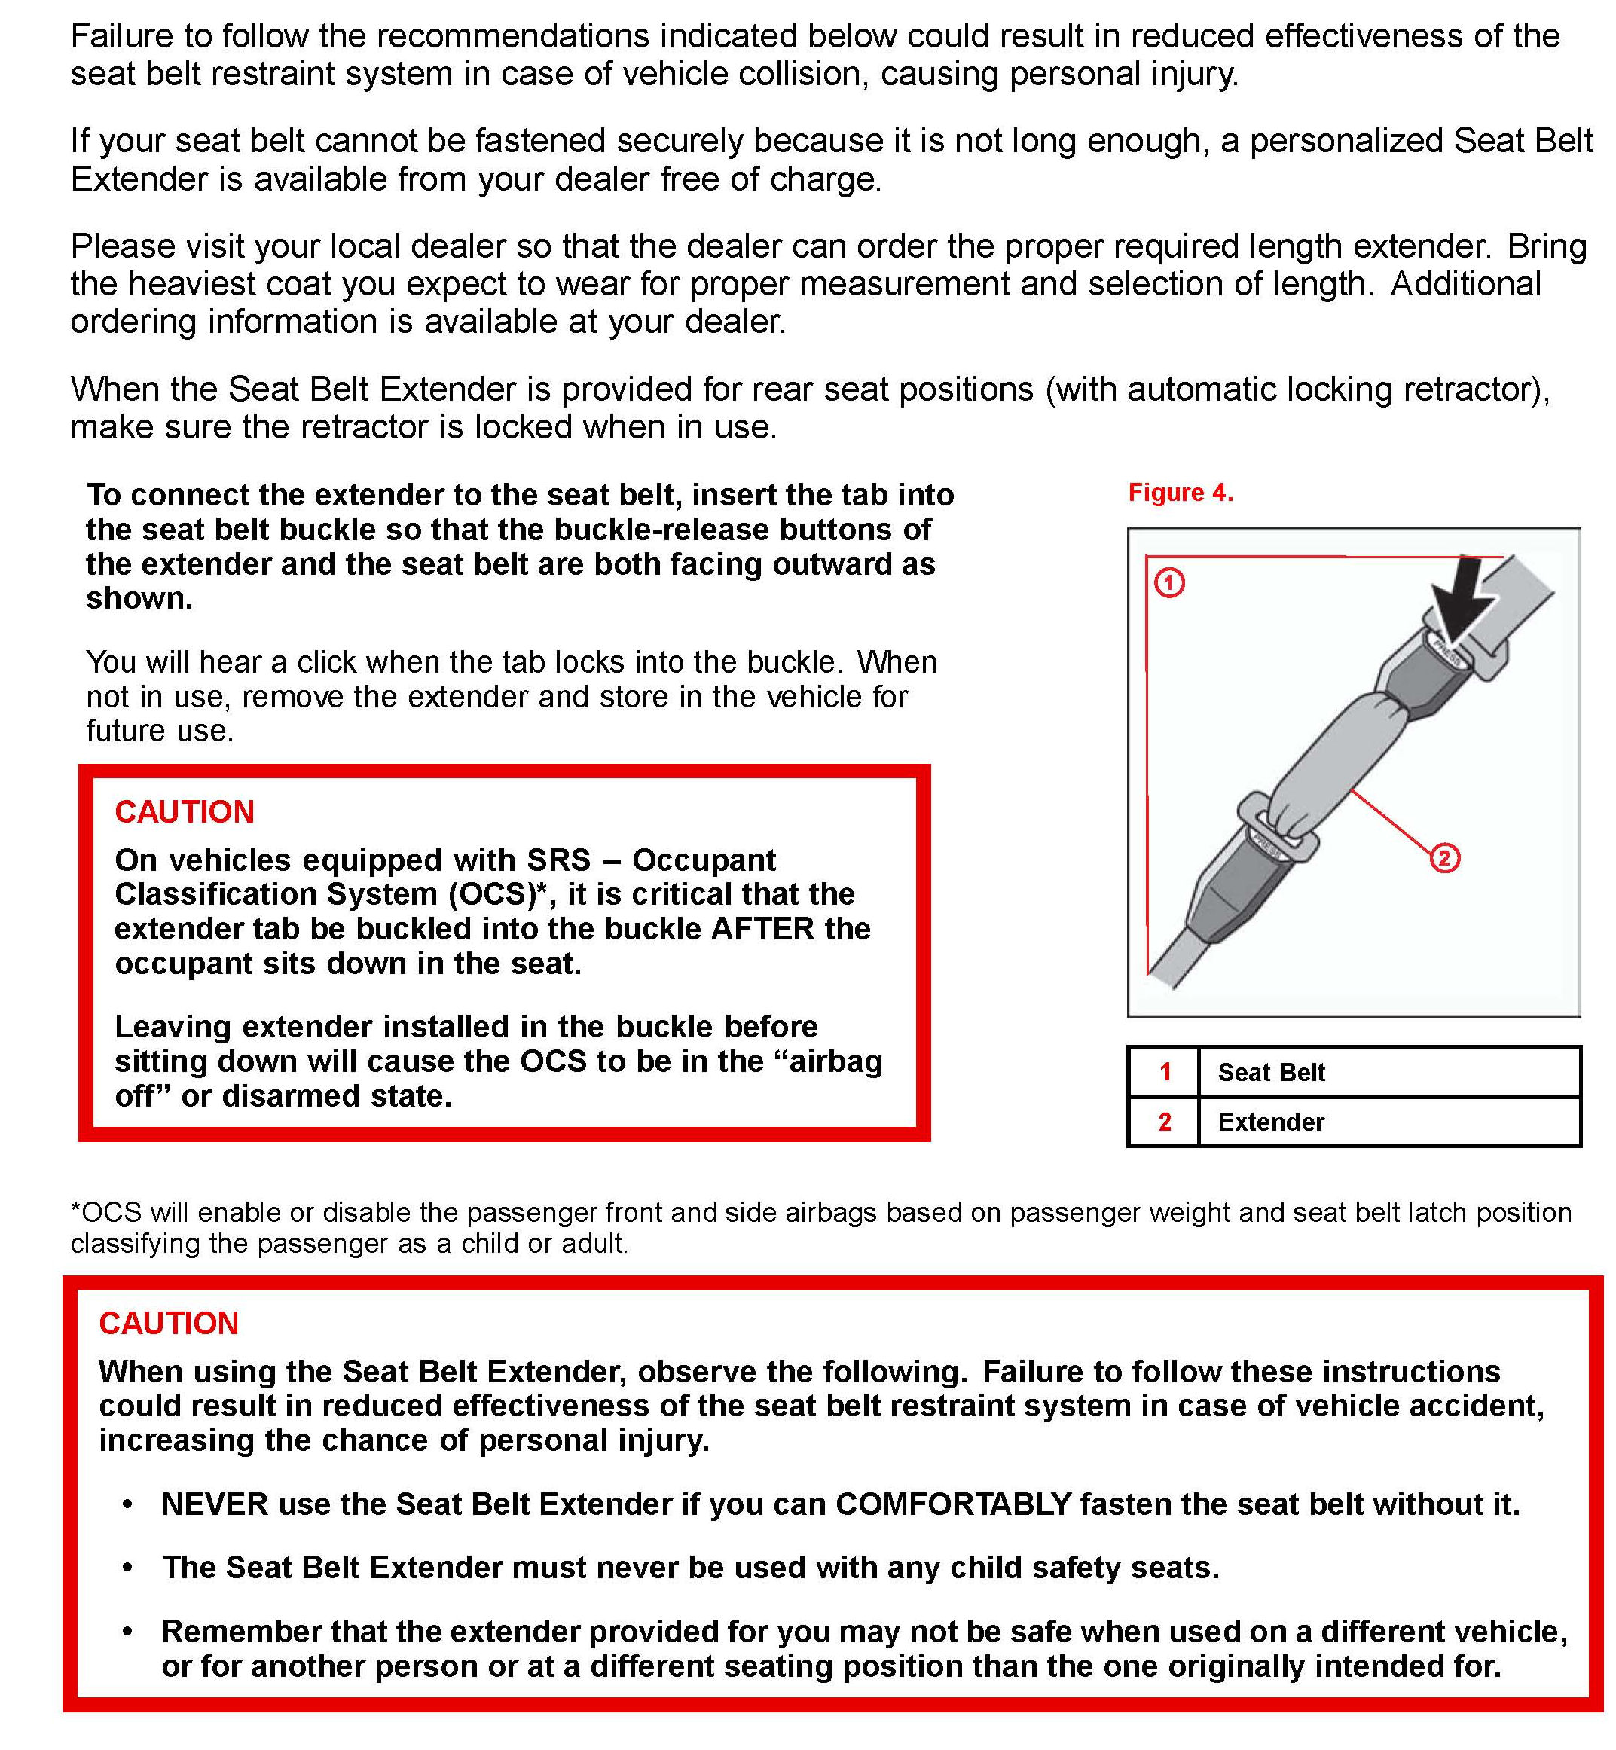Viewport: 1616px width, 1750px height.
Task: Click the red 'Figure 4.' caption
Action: (x=1180, y=493)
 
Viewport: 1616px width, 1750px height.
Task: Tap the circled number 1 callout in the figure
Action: (x=1169, y=582)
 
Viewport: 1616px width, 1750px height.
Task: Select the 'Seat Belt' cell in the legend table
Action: (x=1271, y=1072)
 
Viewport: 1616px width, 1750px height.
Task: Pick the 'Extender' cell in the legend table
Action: (x=1271, y=1122)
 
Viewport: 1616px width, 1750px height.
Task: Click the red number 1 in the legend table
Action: (x=1165, y=1072)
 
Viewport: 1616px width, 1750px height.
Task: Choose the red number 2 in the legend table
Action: (x=1165, y=1122)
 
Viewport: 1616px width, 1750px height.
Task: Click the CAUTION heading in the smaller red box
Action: (x=185, y=812)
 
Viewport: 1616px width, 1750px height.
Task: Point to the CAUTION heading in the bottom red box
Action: (x=169, y=1323)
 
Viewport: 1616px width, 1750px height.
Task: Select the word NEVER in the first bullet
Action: (x=214, y=1504)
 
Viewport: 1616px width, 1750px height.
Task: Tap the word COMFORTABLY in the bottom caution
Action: (x=953, y=1504)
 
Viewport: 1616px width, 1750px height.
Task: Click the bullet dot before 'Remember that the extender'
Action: (x=127, y=1632)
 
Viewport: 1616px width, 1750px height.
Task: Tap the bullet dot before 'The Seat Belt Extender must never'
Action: (x=127, y=1568)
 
